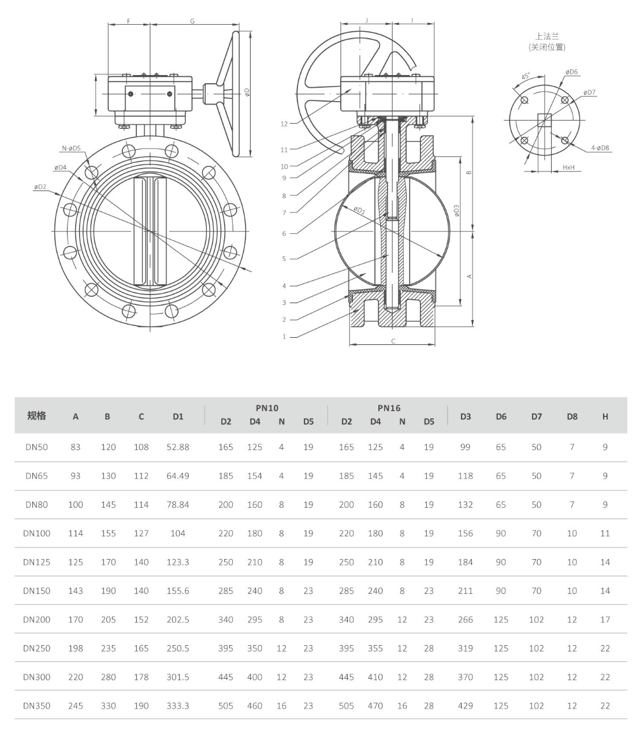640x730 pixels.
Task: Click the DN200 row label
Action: tap(36, 620)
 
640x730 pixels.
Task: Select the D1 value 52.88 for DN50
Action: tap(177, 447)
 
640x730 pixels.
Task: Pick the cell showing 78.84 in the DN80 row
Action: tap(177, 505)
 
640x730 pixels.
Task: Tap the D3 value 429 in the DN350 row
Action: tap(465, 706)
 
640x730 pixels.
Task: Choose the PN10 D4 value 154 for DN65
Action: tap(255, 476)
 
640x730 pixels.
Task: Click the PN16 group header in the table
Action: tap(389, 408)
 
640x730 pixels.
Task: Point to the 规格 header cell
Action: tap(36, 416)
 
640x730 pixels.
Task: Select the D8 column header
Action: tap(571, 416)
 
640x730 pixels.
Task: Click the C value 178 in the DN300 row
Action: tap(141, 677)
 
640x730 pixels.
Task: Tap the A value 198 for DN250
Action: tap(76, 649)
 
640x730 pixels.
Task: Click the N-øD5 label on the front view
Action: tap(72, 148)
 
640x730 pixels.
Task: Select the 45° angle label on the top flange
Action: tap(526, 76)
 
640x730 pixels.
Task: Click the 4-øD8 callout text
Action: tap(600, 148)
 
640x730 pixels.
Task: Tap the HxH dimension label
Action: tap(568, 167)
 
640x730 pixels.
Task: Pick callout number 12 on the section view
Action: tap(284, 124)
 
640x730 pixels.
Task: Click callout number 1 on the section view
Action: tap(284, 337)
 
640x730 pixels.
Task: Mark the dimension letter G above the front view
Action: tap(192, 21)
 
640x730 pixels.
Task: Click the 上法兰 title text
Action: tap(546, 36)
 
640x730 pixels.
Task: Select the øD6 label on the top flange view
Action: tap(572, 72)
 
